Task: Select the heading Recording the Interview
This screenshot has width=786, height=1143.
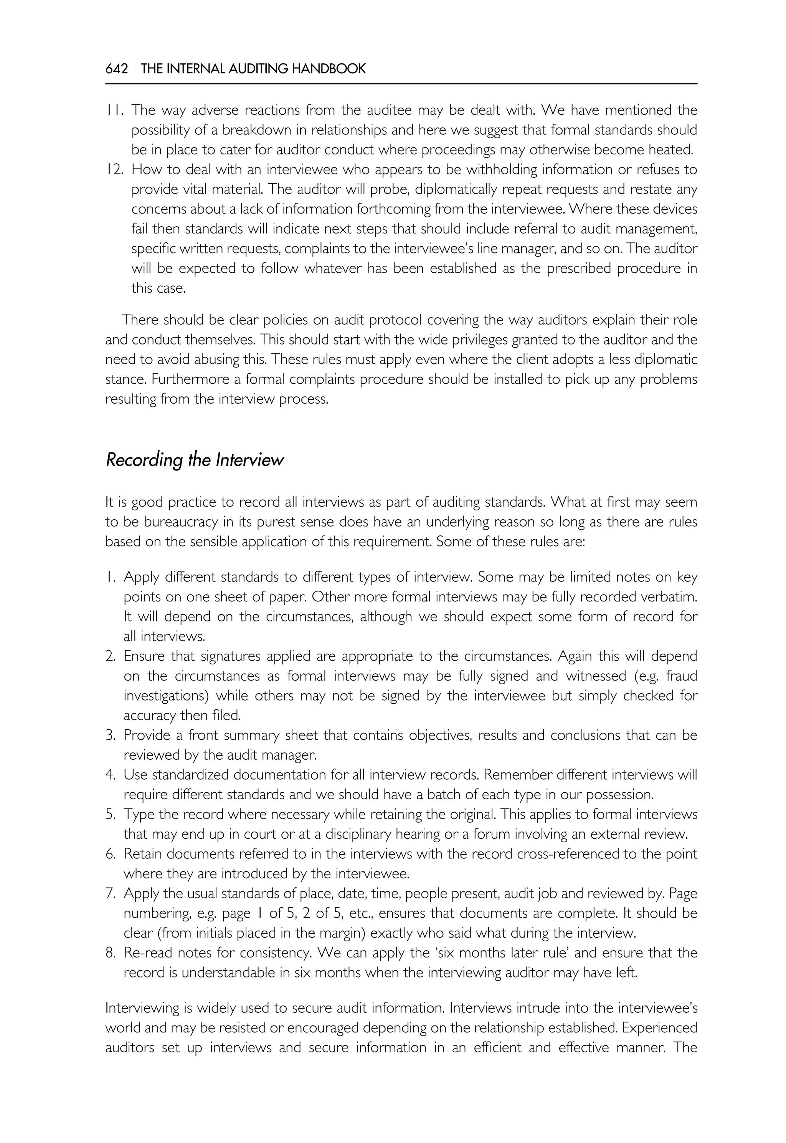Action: pyautogui.click(x=195, y=460)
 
